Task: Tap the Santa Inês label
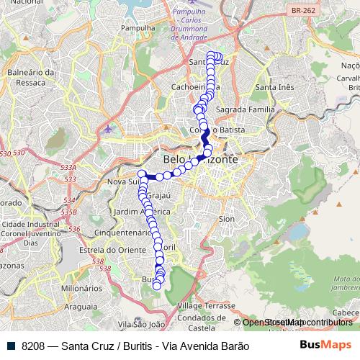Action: coord(274,87)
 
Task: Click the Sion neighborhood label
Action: coord(226,217)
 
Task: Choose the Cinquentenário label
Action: coord(123,233)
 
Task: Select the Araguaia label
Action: coord(81,306)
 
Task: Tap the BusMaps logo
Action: coord(326,345)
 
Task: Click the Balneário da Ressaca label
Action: coord(31,78)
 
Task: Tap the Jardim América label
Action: coord(142,212)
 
